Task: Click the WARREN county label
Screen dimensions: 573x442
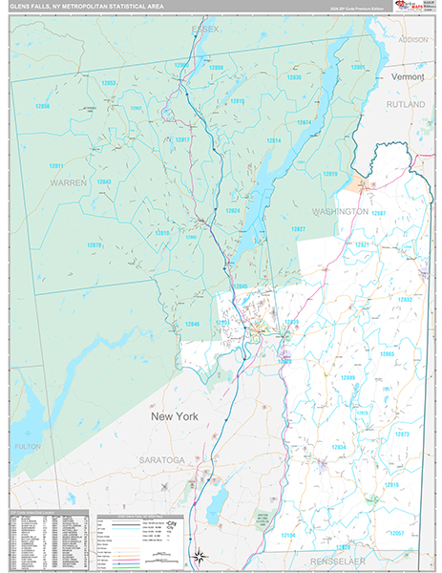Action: pyautogui.click(x=69, y=181)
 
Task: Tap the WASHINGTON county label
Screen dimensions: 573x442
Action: pyautogui.click(x=340, y=210)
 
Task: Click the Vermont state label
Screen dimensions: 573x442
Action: pyautogui.click(x=412, y=74)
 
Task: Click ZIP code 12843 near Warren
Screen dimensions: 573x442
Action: pyautogui.click(x=103, y=181)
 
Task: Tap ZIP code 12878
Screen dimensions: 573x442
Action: pyautogui.click(x=95, y=245)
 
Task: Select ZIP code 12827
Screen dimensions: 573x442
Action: pyautogui.click(x=298, y=229)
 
